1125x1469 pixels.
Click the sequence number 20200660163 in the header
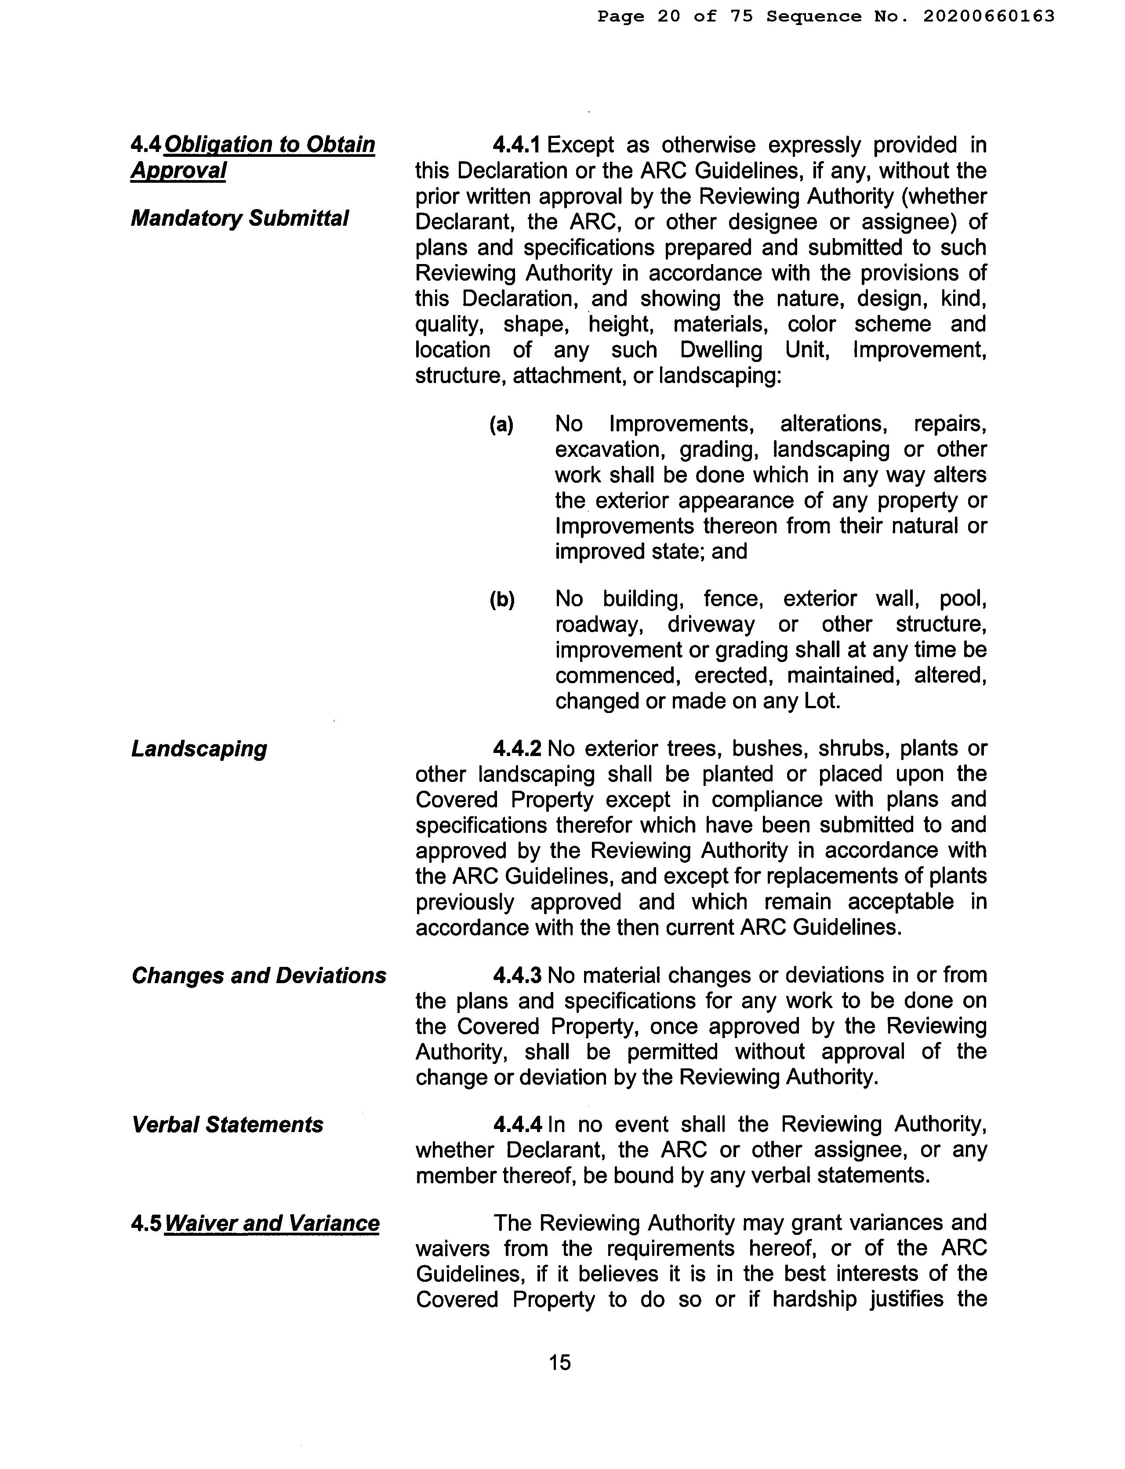tap(988, 16)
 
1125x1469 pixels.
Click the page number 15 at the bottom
tap(560, 1362)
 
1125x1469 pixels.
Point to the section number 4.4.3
tap(517, 975)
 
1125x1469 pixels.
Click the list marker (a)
tap(501, 424)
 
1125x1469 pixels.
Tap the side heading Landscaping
tap(199, 748)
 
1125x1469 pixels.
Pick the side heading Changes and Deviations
tap(258, 976)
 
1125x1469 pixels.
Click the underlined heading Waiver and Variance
tap(272, 1223)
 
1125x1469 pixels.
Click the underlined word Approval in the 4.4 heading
tap(178, 170)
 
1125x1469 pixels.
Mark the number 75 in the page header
tap(742, 16)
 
